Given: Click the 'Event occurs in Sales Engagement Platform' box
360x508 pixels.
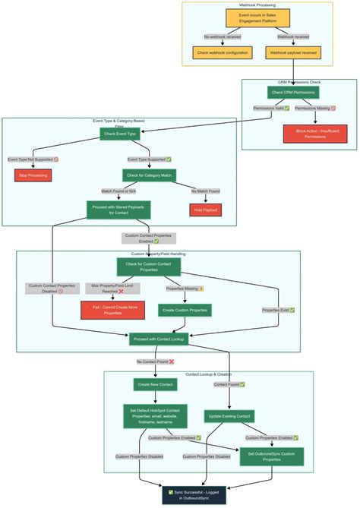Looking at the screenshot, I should pos(257,18).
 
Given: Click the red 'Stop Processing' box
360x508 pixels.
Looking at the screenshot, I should pos(33,175).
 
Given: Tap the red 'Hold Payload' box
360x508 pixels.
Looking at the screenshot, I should pos(205,210).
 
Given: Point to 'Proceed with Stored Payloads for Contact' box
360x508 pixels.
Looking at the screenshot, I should pos(118,210).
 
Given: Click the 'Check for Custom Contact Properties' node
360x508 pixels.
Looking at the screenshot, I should pos(149,267).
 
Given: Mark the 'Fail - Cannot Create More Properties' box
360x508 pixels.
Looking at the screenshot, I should pos(112,310).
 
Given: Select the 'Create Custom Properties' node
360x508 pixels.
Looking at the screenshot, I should pos(185,310).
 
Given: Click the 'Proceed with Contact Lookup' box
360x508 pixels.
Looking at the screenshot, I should pos(158,339).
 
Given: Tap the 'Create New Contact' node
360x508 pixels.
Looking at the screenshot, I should pos(156,384).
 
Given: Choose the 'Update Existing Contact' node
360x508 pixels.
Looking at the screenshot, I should pos(229,416).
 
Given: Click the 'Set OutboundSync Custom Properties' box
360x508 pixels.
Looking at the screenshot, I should pos(271,456).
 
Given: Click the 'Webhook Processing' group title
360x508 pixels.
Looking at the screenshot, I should pos(257,5).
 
